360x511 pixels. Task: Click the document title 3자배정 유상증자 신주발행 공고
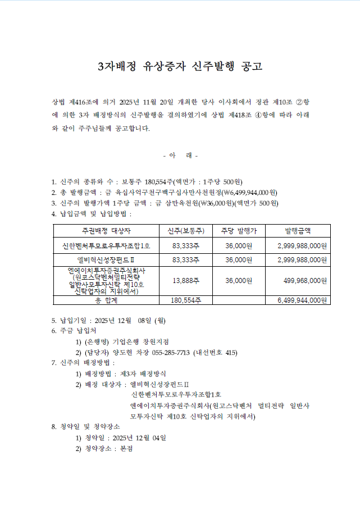(x=180, y=67)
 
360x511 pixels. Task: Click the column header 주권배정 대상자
(x=106, y=231)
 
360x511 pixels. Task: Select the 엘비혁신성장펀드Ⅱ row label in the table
(x=106, y=260)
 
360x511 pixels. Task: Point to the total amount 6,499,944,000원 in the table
(x=302, y=300)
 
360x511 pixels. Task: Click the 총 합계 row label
(x=106, y=300)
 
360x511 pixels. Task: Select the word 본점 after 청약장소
(x=126, y=449)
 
